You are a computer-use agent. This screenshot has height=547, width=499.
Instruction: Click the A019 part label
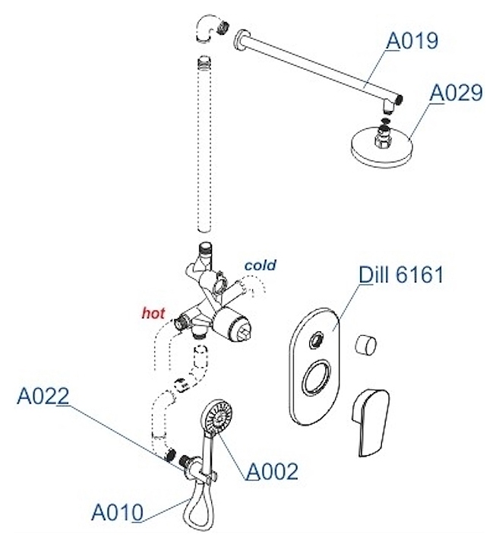point(412,40)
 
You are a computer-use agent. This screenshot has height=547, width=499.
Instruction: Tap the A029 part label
point(456,93)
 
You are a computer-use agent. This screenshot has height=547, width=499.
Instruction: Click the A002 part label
point(272,471)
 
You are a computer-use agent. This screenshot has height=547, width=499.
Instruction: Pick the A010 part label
point(117,513)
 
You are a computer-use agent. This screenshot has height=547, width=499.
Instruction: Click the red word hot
point(154,312)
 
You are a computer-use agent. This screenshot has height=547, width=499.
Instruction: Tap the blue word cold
point(260,265)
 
